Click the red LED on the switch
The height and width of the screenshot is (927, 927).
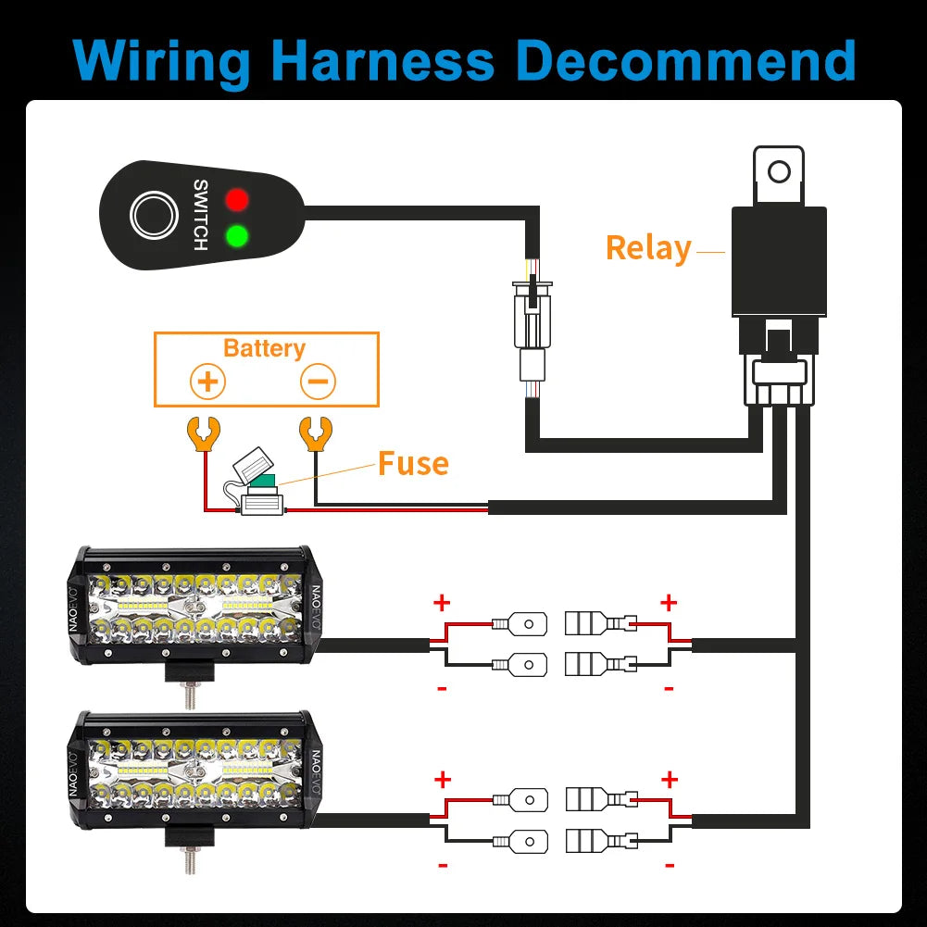pyautogui.click(x=237, y=199)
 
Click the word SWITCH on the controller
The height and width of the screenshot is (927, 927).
pyautogui.click(x=200, y=215)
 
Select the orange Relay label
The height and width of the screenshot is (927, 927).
pyautogui.click(x=648, y=248)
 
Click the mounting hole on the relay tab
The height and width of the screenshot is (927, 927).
pyautogui.click(x=780, y=171)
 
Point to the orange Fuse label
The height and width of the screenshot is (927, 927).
pyautogui.click(x=413, y=463)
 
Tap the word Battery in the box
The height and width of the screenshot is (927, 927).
pyautogui.click(x=264, y=349)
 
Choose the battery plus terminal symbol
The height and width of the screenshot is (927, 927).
pyautogui.click(x=207, y=381)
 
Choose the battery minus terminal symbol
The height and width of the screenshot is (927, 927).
pyautogui.click(x=318, y=381)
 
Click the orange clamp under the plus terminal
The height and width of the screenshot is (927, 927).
pyautogui.click(x=202, y=432)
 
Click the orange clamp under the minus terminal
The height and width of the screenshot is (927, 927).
pyautogui.click(x=314, y=432)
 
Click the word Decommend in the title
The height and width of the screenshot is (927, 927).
pyautogui.click(x=686, y=60)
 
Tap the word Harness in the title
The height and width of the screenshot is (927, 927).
pyautogui.click(x=384, y=60)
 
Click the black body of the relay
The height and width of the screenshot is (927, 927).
pyautogui.click(x=778, y=264)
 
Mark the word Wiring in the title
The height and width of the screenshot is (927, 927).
pyautogui.click(x=163, y=60)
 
